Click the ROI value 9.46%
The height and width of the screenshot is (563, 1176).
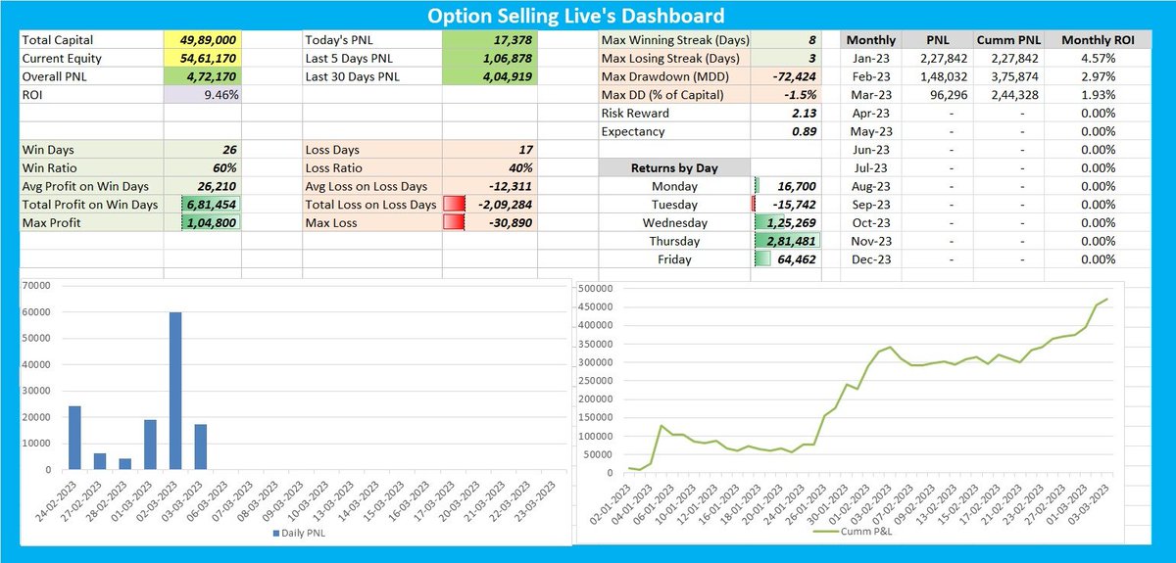[220, 95]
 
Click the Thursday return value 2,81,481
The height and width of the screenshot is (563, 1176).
[788, 241]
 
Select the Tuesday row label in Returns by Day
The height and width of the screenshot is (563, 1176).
[674, 205]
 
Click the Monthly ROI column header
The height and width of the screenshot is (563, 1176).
[1085, 40]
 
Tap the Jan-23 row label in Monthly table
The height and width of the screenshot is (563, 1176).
[870, 59]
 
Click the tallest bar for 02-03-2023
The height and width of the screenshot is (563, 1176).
[174, 392]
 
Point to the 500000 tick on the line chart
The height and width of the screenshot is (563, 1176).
[598, 288]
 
